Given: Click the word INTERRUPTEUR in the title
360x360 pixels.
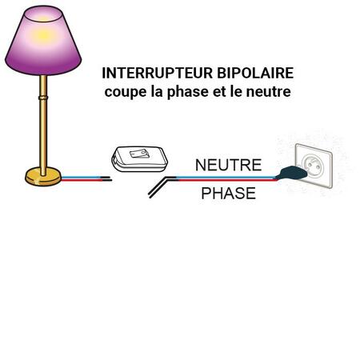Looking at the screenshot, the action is click(x=158, y=73).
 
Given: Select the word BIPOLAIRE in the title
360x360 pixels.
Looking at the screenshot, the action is click(x=255, y=73).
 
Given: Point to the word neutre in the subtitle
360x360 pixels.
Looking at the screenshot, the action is click(x=268, y=92).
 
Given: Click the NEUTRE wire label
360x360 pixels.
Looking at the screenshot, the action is click(x=228, y=165).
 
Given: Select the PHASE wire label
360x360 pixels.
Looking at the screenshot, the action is click(x=228, y=194).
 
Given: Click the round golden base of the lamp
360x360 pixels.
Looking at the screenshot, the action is click(x=43, y=177).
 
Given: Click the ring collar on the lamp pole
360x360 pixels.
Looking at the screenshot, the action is click(x=43, y=98).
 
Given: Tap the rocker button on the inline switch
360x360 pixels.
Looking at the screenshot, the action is click(x=139, y=154).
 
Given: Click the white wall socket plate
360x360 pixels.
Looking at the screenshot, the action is click(x=314, y=166).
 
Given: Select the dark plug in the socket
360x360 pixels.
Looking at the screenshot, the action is click(x=291, y=173).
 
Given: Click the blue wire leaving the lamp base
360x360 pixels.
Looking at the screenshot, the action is click(x=82, y=177).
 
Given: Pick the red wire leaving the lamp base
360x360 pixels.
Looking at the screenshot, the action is click(x=82, y=180).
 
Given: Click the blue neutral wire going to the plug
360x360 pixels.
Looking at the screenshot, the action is click(x=226, y=177).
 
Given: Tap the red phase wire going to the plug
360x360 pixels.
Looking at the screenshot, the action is click(x=227, y=180).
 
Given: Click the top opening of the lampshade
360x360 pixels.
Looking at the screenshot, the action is click(x=43, y=14).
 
